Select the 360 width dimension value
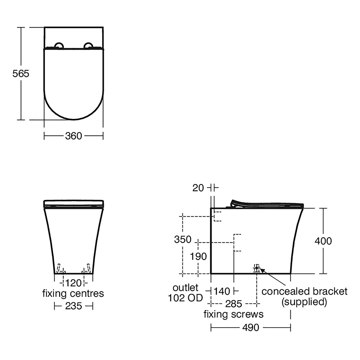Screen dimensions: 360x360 pos(73,136)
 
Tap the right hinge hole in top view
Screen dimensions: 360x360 pos(88,45)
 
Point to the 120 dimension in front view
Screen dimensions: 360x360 pos(73,283)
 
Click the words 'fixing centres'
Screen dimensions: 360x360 pos(73,294)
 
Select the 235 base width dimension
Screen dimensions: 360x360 pos(73,306)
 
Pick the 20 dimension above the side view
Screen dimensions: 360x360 pos(198,188)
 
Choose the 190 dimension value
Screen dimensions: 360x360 pos(199,256)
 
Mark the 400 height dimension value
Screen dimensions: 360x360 pos(323,241)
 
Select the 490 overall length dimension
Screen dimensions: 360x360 pos(250,328)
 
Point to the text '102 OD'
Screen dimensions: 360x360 pos(186,298)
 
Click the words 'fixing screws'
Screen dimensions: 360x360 pos(233,314)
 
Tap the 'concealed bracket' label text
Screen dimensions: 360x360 pos(304,291)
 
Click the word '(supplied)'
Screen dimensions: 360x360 pos(304,302)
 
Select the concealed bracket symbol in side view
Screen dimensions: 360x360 pos(257,268)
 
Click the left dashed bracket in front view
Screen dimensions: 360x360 pos(61,269)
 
